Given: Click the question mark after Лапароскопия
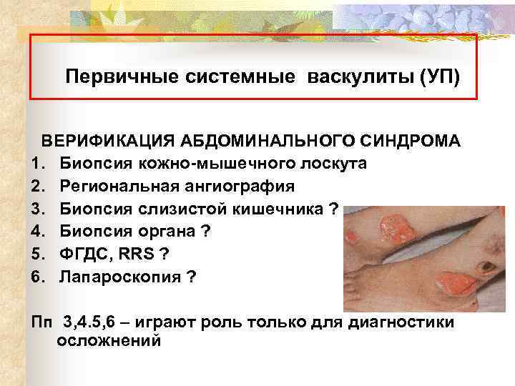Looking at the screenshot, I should click(190, 277).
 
